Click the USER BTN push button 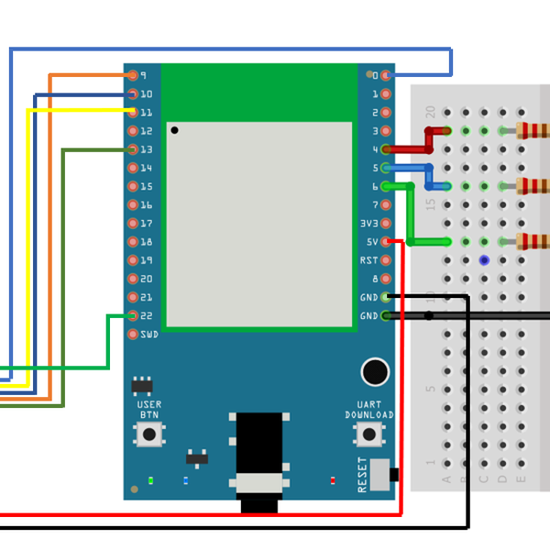pos(148,434)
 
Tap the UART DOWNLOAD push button pos(369,435)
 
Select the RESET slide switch pos(393,474)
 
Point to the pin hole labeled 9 pos(134,75)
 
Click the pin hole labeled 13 pos(134,149)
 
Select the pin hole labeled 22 pos(134,315)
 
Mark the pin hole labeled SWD pos(134,334)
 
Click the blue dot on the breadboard pos(484,260)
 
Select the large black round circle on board pos(374,371)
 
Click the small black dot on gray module pos(174,130)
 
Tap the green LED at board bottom pos(149,479)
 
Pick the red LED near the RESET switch pos(332,479)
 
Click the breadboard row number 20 pos(431,112)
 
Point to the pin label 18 pos(147,242)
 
